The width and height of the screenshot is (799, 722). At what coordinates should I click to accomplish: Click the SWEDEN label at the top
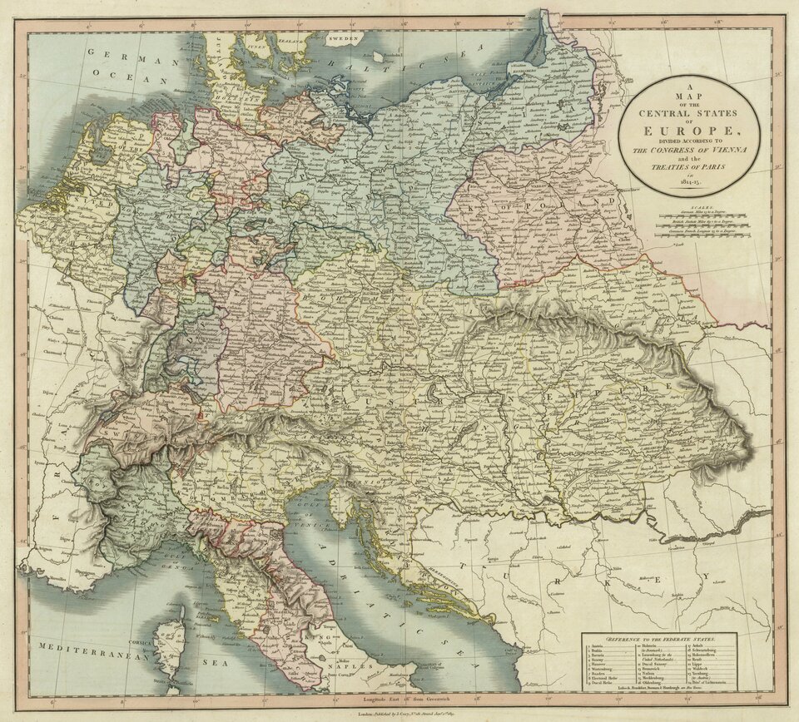point(340,39)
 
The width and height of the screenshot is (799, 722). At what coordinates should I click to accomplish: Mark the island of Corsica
point(171,640)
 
